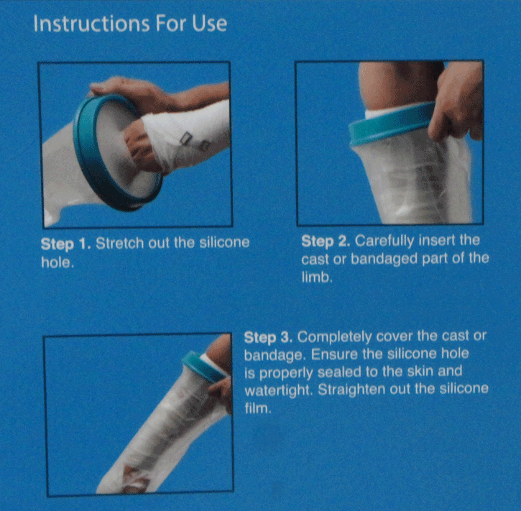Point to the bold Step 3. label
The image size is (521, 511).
(269, 337)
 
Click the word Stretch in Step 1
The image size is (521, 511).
(121, 242)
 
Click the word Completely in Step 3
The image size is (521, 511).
(332, 337)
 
